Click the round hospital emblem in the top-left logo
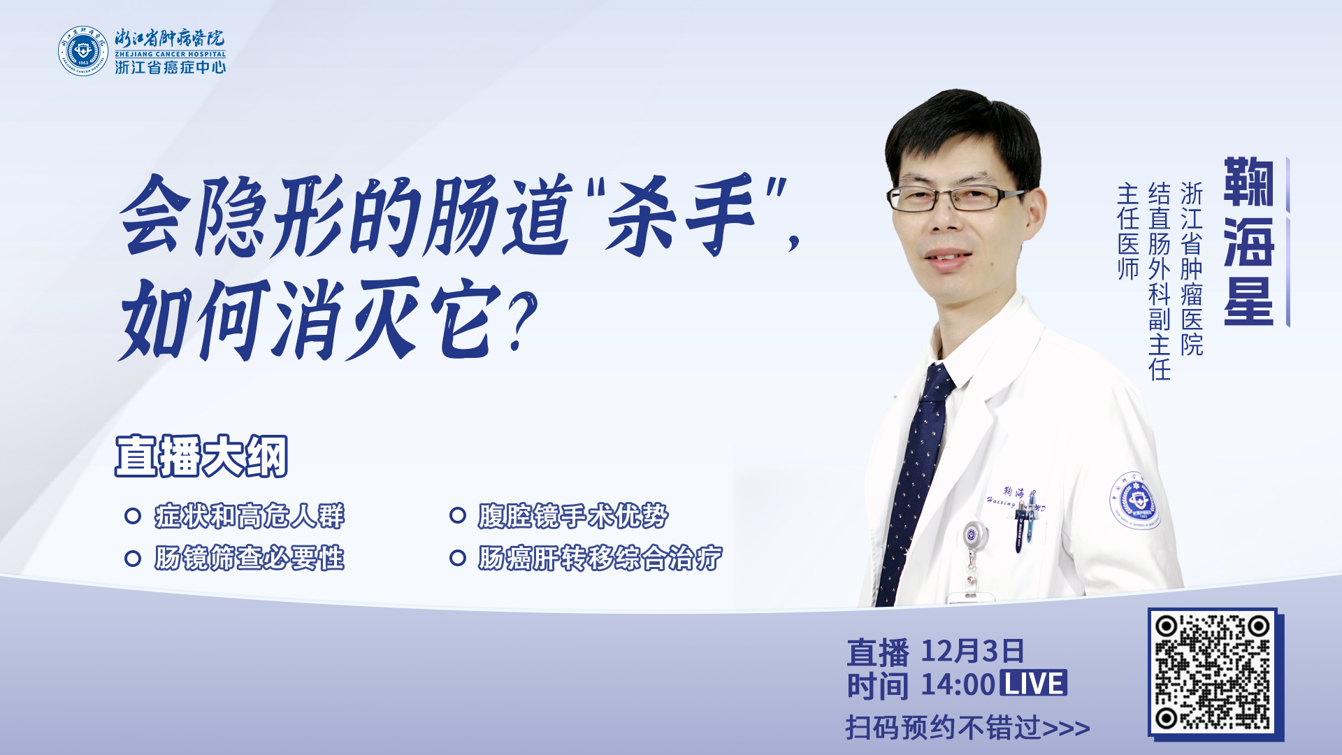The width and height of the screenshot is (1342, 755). [x=83, y=51]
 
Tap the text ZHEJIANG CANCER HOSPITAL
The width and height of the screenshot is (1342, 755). [x=171, y=54]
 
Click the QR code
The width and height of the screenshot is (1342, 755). [x=1213, y=673]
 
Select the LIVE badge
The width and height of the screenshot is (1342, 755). [x=1034, y=683]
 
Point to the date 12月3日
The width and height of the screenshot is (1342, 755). [x=972, y=651]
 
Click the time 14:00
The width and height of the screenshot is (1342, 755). [x=958, y=684]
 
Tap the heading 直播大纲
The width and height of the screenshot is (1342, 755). [x=201, y=456]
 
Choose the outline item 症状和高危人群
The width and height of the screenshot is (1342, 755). [x=250, y=516]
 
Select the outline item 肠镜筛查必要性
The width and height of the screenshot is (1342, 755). [x=250, y=559]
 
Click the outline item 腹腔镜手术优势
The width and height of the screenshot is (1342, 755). [x=573, y=516]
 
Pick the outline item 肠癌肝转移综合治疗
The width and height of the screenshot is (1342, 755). [x=600, y=559]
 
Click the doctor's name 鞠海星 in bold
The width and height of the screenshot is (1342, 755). [x=1249, y=241]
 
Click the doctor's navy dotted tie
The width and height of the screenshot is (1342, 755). [x=917, y=482]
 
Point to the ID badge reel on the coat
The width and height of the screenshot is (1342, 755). [x=972, y=535]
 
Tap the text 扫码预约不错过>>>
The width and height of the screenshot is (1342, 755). [x=968, y=728]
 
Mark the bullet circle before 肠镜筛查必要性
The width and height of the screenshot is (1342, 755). [x=133, y=559]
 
